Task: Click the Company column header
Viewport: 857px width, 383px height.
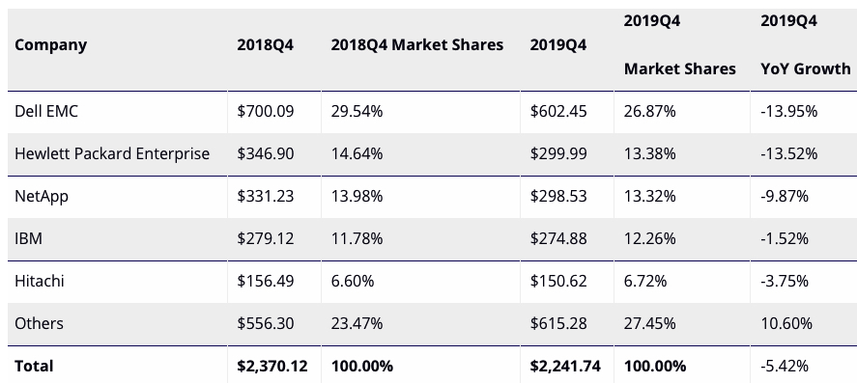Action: pyautogui.click(x=50, y=44)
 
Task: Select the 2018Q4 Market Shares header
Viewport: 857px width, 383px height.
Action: pyautogui.click(x=416, y=44)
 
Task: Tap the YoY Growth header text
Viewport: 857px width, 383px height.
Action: pyautogui.click(x=806, y=68)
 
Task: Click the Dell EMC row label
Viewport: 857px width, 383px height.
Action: pyautogui.click(x=46, y=111)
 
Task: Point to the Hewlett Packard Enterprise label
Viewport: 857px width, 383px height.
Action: pyautogui.click(x=112, y=153)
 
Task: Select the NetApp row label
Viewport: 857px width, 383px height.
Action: pyautogui.click(x=42, y=196)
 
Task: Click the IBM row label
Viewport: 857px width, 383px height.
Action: pyautogui.click(x=28, y=238)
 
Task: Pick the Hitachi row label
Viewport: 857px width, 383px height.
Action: pyautogui.click(x=40, y=281)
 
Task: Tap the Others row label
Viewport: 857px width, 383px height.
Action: pyautogui.click(x=39, y=323)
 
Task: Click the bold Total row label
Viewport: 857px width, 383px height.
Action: pyautogui.click(x=34, y=366)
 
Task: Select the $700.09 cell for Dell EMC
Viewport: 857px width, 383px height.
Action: pyautogui.click(x=265, y=111)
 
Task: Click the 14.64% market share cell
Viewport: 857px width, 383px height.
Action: pyautogui.click(x=357, y=153)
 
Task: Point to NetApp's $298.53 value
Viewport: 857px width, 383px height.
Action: pyautogui.click(x=558, y=196)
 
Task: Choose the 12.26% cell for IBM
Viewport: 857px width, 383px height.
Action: pyautogui.click(x=649, y=238)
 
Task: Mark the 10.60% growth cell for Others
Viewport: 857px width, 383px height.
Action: pyautogui.click(x=786, y=323)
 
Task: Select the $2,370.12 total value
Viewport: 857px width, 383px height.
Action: pyautogui.click(x=271, y=366)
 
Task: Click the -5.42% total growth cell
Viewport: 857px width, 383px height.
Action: pyautogui.click(x=788, y=366)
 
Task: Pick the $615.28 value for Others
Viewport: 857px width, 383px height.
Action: pyautogui.click(x=558, y=323)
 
